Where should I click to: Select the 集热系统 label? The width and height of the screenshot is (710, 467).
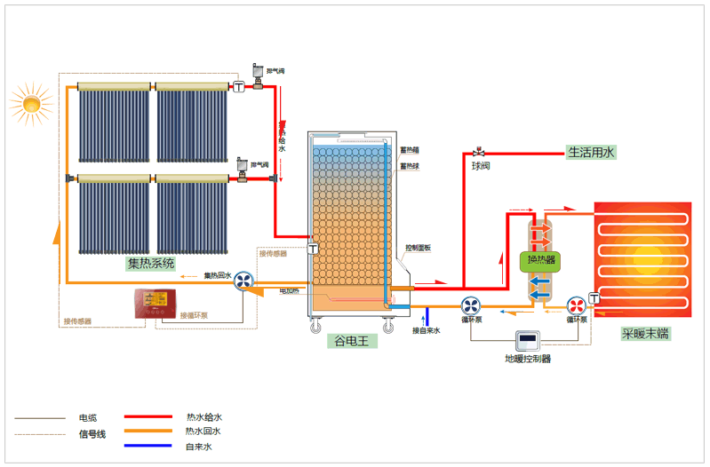[151, 263]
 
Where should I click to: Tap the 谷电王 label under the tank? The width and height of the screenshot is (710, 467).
[350, 341]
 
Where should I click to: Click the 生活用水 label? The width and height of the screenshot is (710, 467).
[591, 152]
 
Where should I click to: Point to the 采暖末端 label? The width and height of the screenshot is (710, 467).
[645, 334]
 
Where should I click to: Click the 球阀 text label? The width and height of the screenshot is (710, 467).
[480, 165]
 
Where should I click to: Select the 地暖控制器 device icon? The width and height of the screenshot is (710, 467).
[529, 340]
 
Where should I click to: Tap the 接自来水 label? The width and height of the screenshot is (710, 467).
[426, 330]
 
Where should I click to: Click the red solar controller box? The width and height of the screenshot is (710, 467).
[157, 303]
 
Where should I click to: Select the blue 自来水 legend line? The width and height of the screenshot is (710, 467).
[148, 447]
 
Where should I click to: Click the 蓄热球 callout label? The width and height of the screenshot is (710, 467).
[410, 164]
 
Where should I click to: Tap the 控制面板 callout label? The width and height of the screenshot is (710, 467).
[419, 248]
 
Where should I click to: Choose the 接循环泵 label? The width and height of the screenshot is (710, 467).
[194, 315]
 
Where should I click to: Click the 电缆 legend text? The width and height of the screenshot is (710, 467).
[88, 417]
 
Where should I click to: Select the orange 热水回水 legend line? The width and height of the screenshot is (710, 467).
[148, 431]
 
